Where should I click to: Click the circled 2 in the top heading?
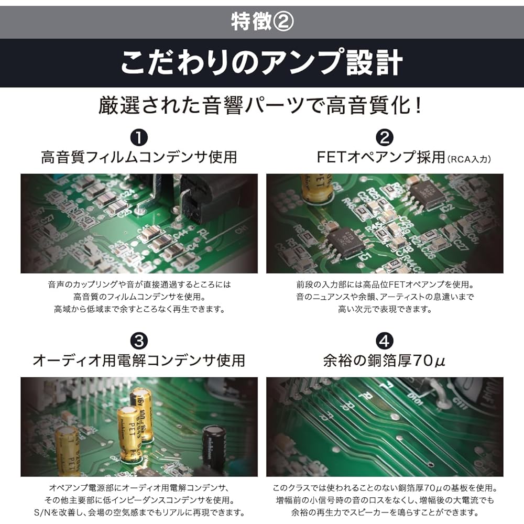pyautogui.click(x=283, y=21)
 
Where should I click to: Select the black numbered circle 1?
pyautogui.click(x=139, y=137)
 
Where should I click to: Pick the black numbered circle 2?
pyautogui.click(x=385, y=137)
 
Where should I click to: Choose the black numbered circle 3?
pyautogui.click(x=139, y=341)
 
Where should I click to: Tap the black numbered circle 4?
pyautogui.click(x=385, y=341)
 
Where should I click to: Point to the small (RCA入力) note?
pyautogui.click(x=469, y=159)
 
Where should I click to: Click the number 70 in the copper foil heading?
pyautogui.click(x=423, y=361)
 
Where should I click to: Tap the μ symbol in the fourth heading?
pyautogui.click(x=440, y=362)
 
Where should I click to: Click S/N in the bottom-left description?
pyautogui.click(x=42, y=512)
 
